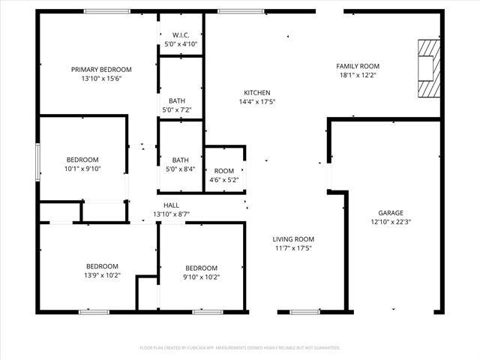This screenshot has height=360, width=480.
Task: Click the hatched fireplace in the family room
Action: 426,68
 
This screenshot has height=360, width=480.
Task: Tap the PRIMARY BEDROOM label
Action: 101,69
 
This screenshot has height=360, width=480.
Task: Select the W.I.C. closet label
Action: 180,35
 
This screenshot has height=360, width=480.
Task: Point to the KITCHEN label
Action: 257,92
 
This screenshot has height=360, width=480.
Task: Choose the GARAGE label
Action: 390,212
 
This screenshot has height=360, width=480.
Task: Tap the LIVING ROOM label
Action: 292,239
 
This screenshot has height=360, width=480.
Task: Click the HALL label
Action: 172,205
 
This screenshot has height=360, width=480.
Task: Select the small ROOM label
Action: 224,171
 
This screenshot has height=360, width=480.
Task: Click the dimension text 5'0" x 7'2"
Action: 177,110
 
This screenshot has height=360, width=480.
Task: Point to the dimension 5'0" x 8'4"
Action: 180,169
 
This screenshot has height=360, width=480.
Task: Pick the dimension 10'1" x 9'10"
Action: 82,169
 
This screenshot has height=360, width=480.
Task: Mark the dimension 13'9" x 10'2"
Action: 101,276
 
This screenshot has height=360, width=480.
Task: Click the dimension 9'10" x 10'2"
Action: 202,277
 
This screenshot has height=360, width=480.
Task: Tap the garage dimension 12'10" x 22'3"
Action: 390,221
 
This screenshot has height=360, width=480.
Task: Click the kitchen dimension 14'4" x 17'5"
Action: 257,101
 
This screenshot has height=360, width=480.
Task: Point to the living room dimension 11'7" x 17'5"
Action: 292,248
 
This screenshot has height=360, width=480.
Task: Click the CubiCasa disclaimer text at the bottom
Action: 240,348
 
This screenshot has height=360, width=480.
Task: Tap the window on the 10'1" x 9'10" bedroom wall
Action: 38,159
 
